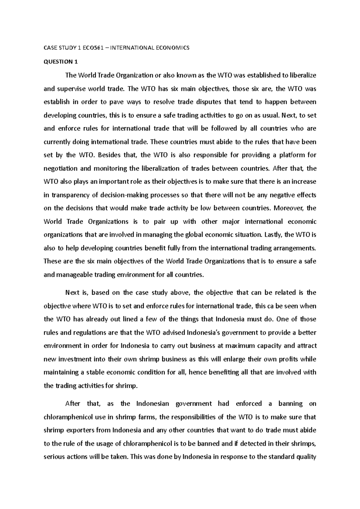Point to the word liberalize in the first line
pyautogui.click(x=303, y=75)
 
